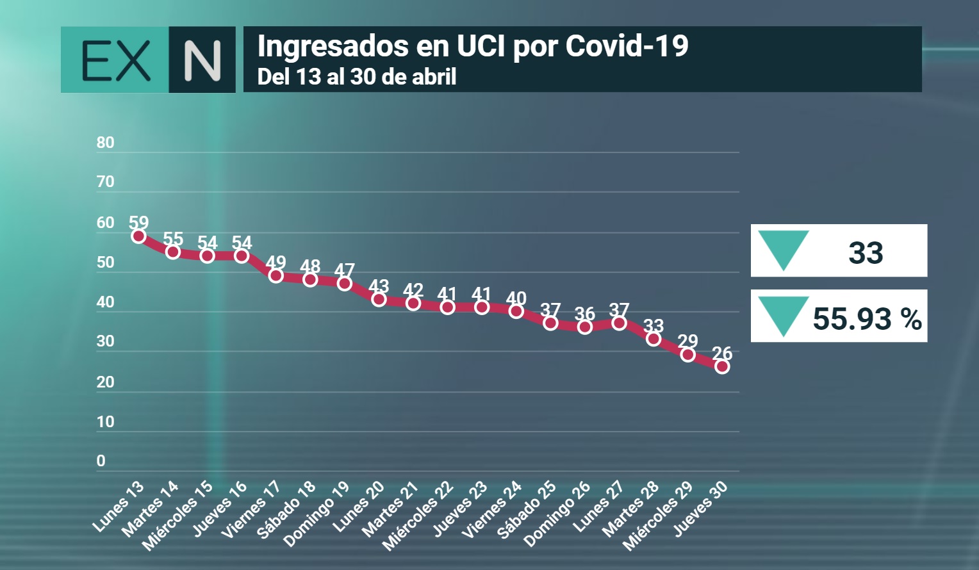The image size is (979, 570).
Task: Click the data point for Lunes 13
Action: tap(138, 236)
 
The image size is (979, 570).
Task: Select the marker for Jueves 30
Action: tap(722, 366)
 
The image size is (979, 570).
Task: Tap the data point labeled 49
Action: tap(276, 275)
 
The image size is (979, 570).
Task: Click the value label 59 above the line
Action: tap(138, 222)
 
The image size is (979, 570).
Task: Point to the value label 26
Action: tap(722, 353)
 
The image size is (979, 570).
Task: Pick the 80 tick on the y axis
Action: tap(105, 142)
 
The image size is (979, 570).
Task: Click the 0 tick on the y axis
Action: tap(101, 460)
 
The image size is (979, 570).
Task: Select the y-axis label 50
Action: tap(105, 262)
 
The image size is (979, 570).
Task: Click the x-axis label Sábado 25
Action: tap(527, 510)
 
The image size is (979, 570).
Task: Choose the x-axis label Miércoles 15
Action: tap(177, 516)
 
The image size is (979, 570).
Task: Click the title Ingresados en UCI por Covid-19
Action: tap(472, 46)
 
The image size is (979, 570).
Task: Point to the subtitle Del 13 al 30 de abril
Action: tap(357, 77)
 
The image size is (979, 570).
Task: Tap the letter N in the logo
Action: tap(202, 60)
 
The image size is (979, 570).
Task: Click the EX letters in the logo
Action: tap(116, 60)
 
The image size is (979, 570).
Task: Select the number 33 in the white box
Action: tap(866, 252)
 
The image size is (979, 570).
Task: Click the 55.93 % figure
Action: tap(867, 318)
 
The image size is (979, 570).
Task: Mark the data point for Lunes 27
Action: tap(619, 323)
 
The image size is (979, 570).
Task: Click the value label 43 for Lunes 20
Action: tap(379, 286)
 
